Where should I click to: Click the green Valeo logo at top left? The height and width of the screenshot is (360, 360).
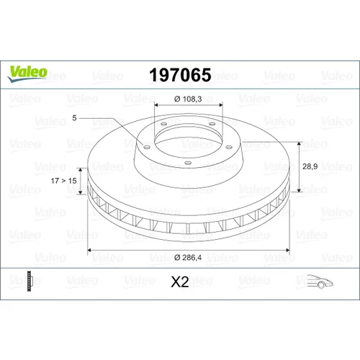(x=27, y=73)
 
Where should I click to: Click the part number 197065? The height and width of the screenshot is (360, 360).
(x=180, y=75)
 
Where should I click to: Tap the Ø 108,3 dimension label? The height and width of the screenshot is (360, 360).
(x=188, y=99)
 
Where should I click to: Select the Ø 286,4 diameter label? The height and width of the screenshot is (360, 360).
(x=188, y=258)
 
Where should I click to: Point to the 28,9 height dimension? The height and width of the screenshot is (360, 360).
(x=310, y=166)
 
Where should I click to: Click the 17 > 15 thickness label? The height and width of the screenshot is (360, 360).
(x=63, y=181)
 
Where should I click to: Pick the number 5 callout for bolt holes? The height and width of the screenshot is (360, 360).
(x=74, y=118)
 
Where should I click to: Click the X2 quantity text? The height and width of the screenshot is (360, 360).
(x=180, y=282)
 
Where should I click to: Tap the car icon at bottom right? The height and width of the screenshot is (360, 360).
(x=320, y=281)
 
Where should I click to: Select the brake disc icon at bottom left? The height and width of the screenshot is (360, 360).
(x=29, y=281)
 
